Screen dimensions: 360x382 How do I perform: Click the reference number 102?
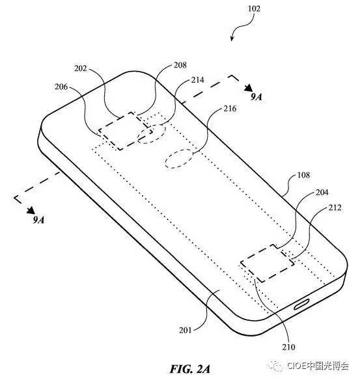[254, 8]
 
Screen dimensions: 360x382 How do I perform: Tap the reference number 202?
[81, 68]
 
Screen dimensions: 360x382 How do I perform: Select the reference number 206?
[61, 87]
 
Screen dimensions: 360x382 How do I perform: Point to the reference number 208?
[180, 65]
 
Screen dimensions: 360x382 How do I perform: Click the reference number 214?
[197, 80]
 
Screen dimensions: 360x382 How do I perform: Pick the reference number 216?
[230, 109]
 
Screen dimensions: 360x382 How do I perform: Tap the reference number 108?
[303, 175]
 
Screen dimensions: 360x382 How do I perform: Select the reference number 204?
[322, 193]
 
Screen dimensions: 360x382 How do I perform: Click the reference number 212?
[335, 208]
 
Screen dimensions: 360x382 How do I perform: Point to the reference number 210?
[288, 347]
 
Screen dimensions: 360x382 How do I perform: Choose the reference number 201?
[186, 330]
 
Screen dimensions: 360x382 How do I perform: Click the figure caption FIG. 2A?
[190, 369]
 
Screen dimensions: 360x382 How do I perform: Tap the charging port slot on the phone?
[301, 304]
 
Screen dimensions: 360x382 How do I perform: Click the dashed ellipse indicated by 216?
[179, 159]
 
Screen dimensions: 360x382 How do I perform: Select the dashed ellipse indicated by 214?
[152, 134]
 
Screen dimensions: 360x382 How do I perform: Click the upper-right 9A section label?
[256, 97]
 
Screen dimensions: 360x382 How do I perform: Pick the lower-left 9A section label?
[38, 220]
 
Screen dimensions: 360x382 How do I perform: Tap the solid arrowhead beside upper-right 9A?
[249, 88]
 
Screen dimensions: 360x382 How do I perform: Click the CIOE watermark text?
[318, 366]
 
